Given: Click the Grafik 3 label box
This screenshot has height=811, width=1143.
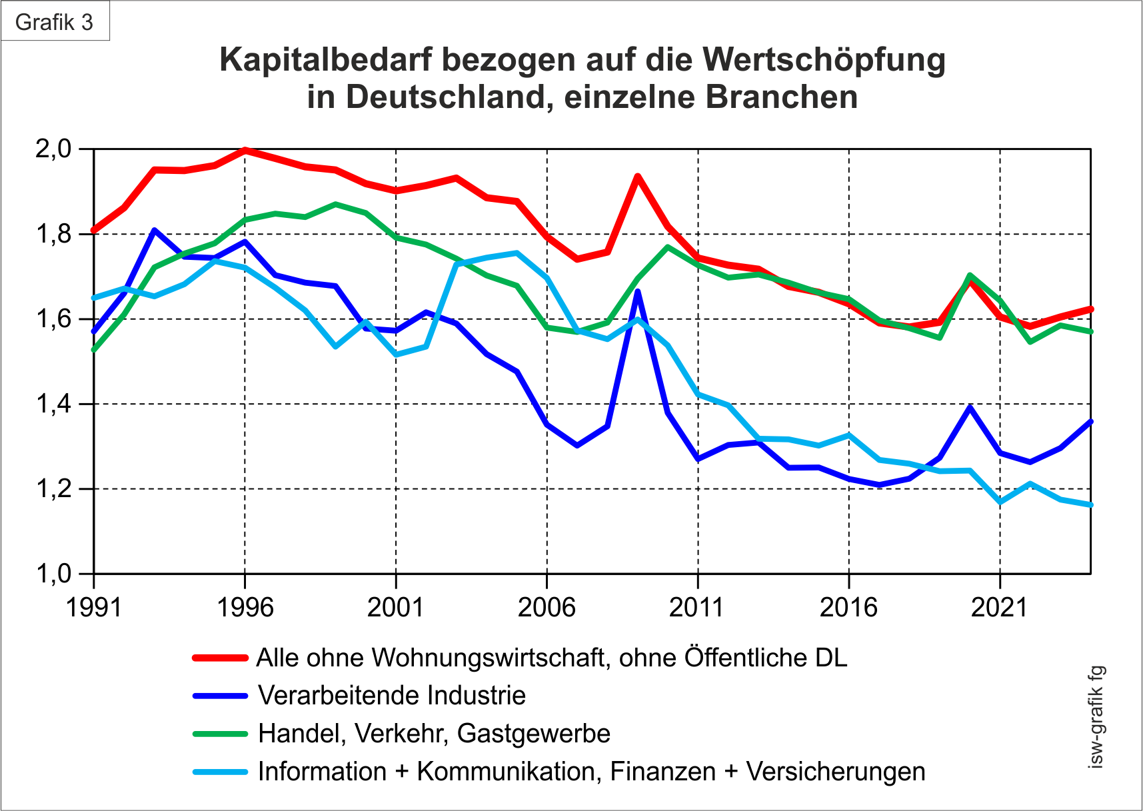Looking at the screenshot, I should [x=55, y=22].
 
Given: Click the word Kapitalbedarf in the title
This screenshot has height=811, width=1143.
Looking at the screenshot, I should [x=326, y=59].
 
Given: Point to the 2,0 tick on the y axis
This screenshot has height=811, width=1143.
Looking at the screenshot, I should [x=53, y=149].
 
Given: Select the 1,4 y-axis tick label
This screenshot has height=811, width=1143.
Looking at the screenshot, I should [x=53, y=404].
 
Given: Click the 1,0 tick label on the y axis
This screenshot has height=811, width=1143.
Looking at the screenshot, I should [x=53, y=573].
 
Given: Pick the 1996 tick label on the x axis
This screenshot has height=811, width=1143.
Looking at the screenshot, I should [x=245, y=607].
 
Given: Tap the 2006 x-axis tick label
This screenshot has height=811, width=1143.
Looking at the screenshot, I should [x=547, y=607].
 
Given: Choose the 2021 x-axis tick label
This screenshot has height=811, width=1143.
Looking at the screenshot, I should [x=999, y=607].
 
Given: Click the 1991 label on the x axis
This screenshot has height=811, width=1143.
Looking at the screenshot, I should [x=94, y=607].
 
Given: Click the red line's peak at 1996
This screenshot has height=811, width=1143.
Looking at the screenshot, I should [x=245, y=150].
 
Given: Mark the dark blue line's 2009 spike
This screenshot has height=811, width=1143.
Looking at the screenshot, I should [x=638, y=291].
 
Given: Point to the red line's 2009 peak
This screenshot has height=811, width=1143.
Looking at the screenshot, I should [x=638, y=177].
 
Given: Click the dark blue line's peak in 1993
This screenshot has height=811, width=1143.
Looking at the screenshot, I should [x=154, y=230].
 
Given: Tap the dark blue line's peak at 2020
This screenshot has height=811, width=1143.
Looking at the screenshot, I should [x=970, y=406].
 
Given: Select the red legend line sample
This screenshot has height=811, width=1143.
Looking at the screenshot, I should [x=220, y=658].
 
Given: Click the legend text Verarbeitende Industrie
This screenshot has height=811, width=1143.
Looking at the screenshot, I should [x=392, y=696].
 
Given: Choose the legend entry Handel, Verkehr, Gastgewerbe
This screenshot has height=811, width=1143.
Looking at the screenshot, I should [x=434, y=734].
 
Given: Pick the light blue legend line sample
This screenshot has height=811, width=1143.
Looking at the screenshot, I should [x=220, y=772].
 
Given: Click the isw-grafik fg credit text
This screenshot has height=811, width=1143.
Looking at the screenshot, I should [x=1096, y=717].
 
